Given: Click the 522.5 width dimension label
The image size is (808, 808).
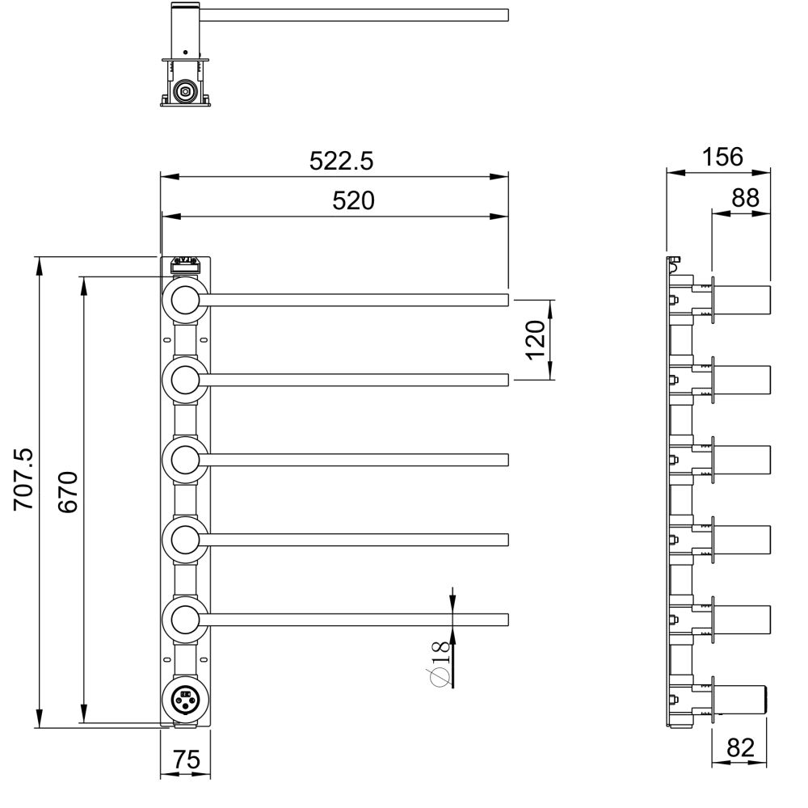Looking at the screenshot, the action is [341, 161].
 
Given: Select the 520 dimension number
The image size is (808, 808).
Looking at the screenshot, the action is [354, 200].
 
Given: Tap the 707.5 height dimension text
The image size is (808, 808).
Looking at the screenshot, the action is [23, 479].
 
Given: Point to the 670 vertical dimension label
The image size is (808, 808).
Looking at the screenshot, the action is [68, 491].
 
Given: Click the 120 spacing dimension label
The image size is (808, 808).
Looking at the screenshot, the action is [536, 339].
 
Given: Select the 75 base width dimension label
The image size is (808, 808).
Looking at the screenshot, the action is [186, 759].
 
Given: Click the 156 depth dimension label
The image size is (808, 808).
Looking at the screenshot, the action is [722, 157].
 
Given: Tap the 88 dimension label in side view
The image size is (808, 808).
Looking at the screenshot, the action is [745, 197].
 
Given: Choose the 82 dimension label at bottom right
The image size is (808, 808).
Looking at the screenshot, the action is [740, 747].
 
